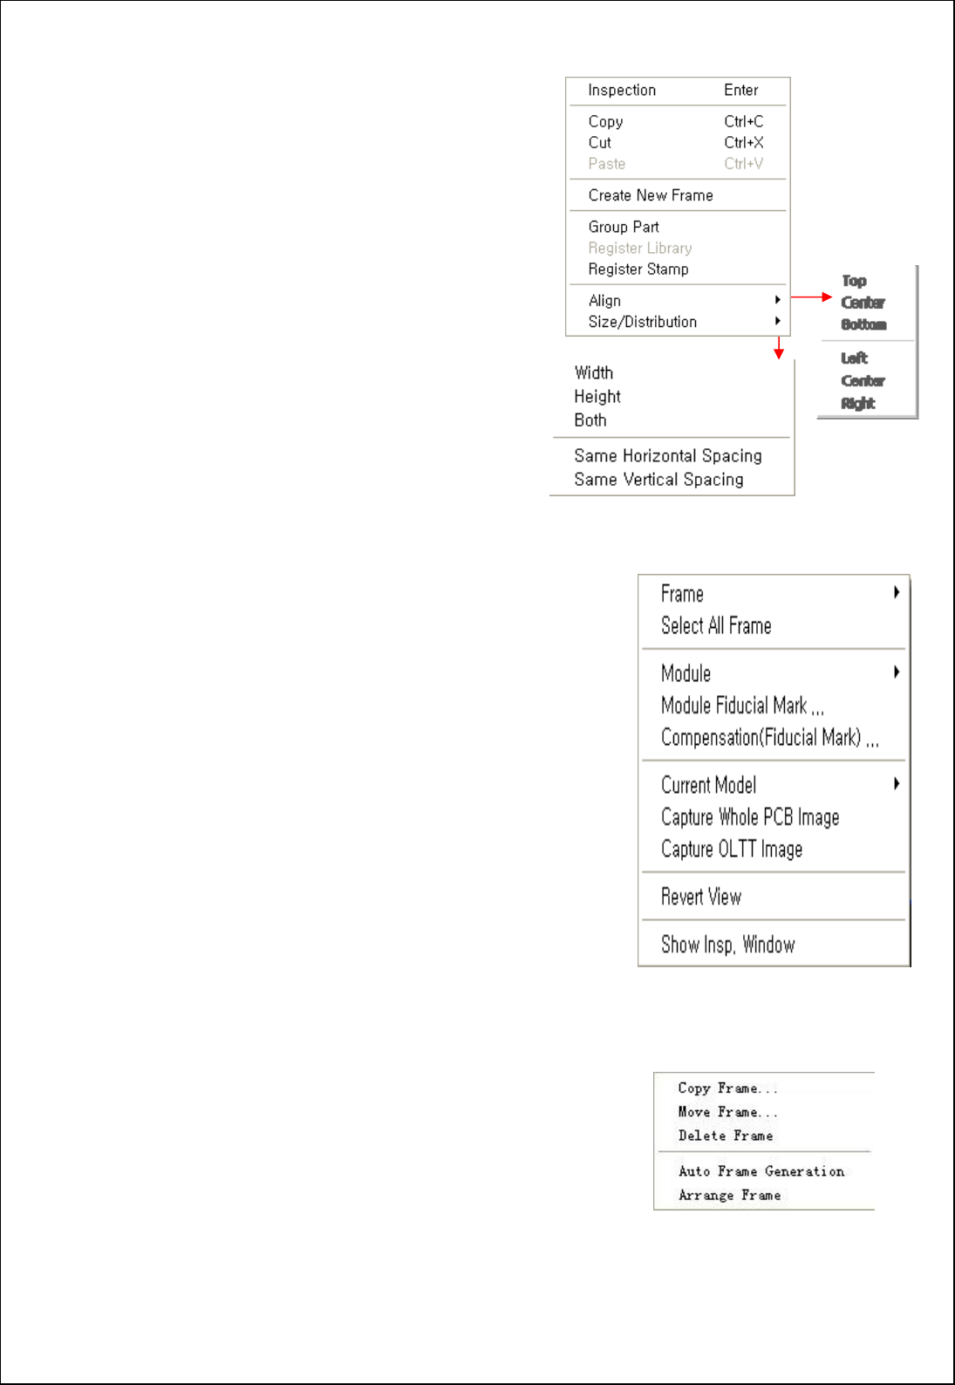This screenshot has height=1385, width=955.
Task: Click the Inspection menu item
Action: point(622,91)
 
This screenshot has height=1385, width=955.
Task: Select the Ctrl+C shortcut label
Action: point(743,122)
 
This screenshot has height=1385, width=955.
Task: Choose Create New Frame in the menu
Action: point(651,195)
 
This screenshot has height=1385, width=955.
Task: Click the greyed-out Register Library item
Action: point(640,249)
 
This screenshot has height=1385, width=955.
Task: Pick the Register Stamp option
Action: point(638,269)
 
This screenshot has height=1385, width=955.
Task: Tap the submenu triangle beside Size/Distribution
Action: point(777,321)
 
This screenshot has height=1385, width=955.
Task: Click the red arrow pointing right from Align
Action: point(811,297)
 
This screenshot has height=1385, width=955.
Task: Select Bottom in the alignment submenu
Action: point(863,324)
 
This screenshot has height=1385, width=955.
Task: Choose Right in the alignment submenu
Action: point(858,403)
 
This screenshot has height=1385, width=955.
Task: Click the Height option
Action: point(597,397)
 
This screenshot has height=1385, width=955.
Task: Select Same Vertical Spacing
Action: point(658,480)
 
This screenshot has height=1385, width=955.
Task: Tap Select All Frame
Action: point(716,626)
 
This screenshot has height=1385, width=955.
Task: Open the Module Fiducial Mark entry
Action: point(742,706)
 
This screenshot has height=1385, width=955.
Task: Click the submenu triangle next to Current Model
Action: point(897,784)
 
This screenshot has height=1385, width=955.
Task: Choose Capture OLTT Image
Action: point(732,849)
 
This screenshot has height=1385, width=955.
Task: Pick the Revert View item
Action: point(701,897)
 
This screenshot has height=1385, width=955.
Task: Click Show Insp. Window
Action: point(728,945)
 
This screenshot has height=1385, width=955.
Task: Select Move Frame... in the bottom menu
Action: point(727,1112)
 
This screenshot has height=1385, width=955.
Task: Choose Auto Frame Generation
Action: point(761,1171)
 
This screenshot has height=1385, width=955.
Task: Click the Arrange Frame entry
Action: point(730,1195)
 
